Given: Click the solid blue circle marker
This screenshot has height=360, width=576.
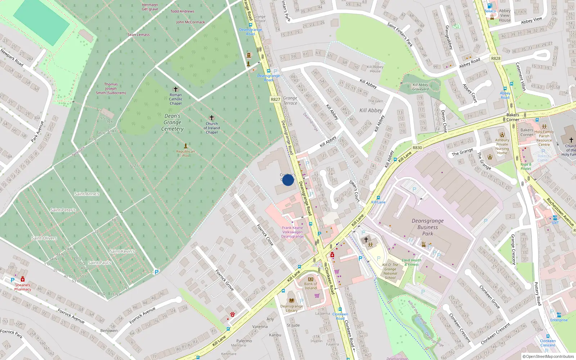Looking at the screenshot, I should (288, 180).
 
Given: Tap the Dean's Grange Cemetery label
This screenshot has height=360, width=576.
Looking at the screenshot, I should (172, 122).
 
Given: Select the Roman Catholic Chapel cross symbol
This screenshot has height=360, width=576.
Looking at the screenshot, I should (176, 89).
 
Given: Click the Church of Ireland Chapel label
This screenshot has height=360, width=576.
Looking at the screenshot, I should (212, 128).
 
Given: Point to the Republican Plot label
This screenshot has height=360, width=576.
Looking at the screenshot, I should (185, 153).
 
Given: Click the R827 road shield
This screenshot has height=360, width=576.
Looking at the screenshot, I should (275, 99).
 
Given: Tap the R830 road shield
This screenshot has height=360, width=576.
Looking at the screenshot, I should (417, 148).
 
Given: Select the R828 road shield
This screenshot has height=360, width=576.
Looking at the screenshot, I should (496, 58).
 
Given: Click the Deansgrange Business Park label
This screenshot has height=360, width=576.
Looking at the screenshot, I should (428, 227).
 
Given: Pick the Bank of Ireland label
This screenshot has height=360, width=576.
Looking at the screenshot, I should (311, 286).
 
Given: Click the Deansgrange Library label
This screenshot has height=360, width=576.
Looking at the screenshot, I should (292, 308).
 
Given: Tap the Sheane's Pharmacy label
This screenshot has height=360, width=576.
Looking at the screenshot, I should (23, 287).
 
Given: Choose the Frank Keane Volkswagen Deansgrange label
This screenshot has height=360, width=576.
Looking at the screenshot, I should (292, 232).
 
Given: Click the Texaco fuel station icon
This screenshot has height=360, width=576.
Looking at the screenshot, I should (490, 6).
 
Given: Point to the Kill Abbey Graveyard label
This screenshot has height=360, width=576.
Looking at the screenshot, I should (420, 87).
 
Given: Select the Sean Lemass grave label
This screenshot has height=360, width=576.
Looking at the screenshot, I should (139, 35).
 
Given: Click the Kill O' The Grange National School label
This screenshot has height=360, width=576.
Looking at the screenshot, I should (390, 271).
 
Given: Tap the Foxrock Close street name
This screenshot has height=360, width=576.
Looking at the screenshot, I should (265, 235).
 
